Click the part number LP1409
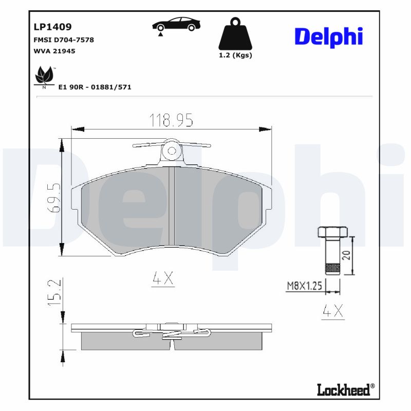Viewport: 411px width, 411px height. click(x=52, y=27)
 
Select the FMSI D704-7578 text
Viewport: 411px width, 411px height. click(x=63, y=40)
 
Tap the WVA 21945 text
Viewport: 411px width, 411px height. click(x=54, y=51)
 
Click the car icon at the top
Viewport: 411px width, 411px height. click(x=176, y=25)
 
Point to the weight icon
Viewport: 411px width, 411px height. click(x=235, y=34)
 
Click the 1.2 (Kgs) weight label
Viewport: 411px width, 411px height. click(x=235, y=55)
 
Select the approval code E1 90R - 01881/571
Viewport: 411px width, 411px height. click(x=95, y=87)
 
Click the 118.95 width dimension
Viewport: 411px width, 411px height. click(x=171, y=121)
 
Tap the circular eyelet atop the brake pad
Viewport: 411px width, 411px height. click(x=172, y=151)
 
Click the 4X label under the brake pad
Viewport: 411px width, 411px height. click(x=164, y=278)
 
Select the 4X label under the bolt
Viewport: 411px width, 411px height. click(x=332, y=311)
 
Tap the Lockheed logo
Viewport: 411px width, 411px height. click(x=343, y=390)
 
